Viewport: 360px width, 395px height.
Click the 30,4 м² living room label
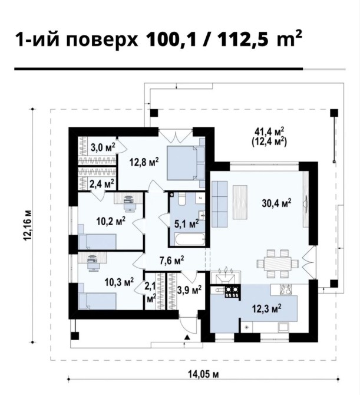click(276, 203)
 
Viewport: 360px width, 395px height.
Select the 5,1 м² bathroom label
click(187, 223)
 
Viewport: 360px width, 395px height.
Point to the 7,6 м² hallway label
click(171, 261)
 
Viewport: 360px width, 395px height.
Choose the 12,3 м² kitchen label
click(266, 308)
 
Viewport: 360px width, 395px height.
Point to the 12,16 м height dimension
click(28, 225)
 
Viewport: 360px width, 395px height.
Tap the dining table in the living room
click(278, 264)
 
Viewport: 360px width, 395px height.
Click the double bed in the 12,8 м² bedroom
click(186, 163)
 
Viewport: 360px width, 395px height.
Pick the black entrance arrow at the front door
click(187, 337)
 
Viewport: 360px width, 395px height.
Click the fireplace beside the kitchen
click(226, 277)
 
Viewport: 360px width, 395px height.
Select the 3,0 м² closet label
click(103, 147)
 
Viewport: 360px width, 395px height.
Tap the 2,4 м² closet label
click(102, 183)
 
